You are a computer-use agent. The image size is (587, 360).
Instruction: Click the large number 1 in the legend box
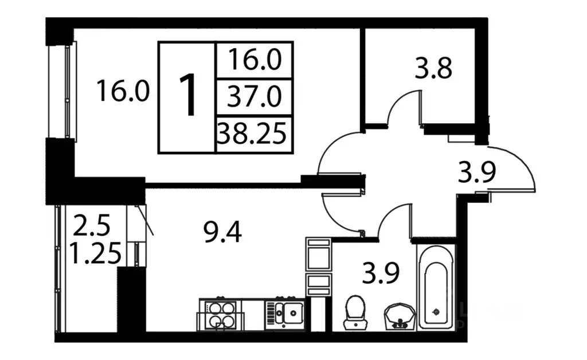(x=188, y=96)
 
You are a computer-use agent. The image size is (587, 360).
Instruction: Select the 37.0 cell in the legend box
(x=254, y=97)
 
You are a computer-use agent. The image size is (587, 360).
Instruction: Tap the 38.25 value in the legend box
(x=252, y=134)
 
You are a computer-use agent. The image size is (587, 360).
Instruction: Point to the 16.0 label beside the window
(x=123, y=91)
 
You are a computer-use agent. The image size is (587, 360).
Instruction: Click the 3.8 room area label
(x=433, y=68)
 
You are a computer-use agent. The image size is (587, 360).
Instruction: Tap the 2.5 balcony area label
(x=92, y=225)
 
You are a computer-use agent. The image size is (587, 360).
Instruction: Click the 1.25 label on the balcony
(x=96, y=253)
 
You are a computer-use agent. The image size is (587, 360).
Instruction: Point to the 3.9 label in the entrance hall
(x=477, y=173)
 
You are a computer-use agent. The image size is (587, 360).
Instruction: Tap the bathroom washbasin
(x=400, y=316)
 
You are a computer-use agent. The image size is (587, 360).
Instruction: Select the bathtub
(x=436, y=287)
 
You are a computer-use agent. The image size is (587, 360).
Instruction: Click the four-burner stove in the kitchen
(x=220, y=315)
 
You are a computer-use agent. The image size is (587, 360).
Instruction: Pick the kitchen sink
(x=285, y=314)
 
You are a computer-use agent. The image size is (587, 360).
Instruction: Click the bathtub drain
(x=436, y=311)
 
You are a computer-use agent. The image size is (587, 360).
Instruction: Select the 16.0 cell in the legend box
(x=254, y=61)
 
